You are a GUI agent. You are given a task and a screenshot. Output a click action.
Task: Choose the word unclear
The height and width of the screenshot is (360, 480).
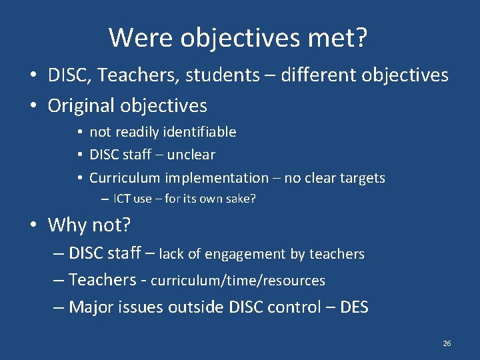click(x=191, y=155)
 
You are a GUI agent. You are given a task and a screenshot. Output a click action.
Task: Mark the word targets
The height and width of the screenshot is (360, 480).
click(x=360, y=178)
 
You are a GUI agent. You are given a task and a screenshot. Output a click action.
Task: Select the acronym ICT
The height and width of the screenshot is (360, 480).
click(x=122, y=199)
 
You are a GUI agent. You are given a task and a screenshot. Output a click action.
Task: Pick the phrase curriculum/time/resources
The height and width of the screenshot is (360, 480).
click(x=238, y=281)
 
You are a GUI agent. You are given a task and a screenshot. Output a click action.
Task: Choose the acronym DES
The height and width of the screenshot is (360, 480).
click(x=354, y=307)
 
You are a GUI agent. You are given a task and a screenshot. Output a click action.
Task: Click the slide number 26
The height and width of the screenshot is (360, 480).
click(x=447, y=343)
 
